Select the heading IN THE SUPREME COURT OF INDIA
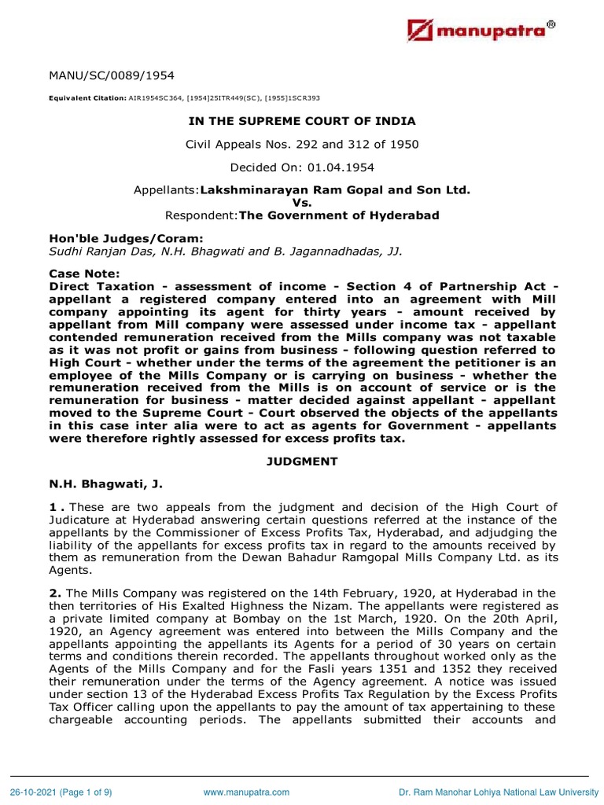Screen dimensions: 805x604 click(x=301, y=121)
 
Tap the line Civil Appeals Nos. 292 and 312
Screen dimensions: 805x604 click(x=301, y=144)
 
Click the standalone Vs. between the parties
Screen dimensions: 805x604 click(x=301, y=202)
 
